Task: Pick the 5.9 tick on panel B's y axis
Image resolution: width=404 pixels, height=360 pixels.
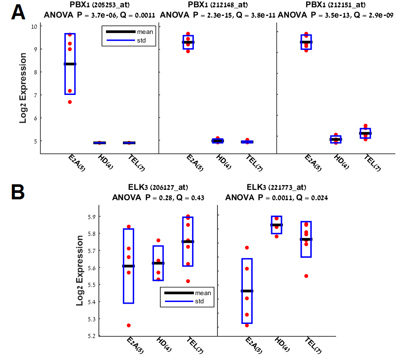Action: [x=91, y=217]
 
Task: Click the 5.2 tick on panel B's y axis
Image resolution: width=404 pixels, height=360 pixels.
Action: [x=91, y=336]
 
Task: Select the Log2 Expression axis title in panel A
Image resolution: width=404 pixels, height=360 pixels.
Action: [x=24, y=88]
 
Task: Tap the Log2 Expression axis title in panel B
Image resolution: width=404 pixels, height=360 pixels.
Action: [x=80, y=270]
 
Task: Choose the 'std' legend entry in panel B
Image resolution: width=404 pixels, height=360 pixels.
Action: [x=198, y=302]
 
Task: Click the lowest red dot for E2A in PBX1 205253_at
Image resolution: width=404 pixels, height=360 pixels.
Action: [x=70, y=102]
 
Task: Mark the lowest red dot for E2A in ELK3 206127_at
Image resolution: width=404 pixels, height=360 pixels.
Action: [x=129, y=325]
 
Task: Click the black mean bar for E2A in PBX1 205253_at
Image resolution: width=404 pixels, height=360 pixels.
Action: [x=70, y=64]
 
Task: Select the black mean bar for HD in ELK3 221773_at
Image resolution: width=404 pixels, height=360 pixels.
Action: [x=276, y=225]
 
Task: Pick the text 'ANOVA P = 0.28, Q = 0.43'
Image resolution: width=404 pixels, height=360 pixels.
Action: [x=158, y=198]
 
